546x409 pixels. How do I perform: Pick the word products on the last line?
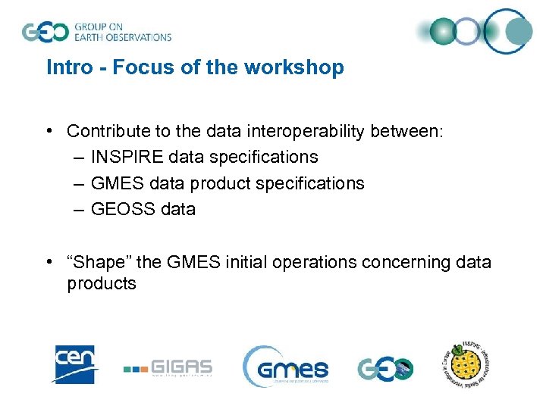click(102, 284)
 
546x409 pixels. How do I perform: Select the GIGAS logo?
click(168, 368)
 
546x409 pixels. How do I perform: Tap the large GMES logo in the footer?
click(286, 367)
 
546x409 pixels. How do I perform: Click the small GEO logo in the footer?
click(384, 368)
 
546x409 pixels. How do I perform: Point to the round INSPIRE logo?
click(469, 366)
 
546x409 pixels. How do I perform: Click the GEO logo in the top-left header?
click(46, 32)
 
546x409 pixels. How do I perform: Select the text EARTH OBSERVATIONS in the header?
click(122, 36)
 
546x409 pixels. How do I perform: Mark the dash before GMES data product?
click(80, 183)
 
